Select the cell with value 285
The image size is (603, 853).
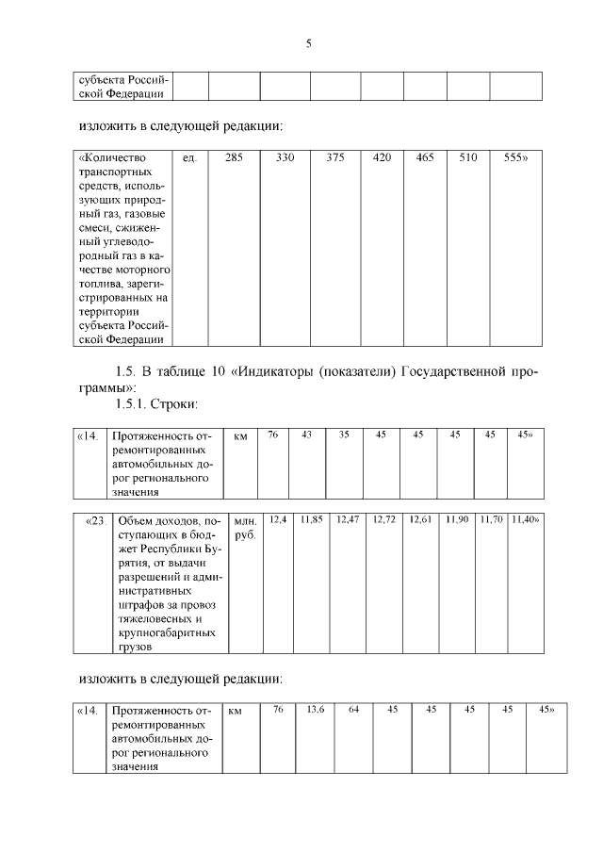234,158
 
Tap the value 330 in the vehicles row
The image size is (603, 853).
285,158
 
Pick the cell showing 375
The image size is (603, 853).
335,158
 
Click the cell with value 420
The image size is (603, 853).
382,158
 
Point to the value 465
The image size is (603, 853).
425,158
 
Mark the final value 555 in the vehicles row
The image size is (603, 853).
515,158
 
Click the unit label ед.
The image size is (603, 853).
188,158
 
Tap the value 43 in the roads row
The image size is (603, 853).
306,435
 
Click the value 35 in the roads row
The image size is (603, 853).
344,435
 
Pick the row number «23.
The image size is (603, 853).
94,520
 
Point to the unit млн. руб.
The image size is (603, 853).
244,527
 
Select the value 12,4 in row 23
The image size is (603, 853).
278,519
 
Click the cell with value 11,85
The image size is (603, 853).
312,519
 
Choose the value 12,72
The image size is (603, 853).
384,519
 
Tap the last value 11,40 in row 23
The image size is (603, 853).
524,519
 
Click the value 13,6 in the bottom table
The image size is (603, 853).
315,709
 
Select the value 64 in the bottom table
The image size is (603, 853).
353,709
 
